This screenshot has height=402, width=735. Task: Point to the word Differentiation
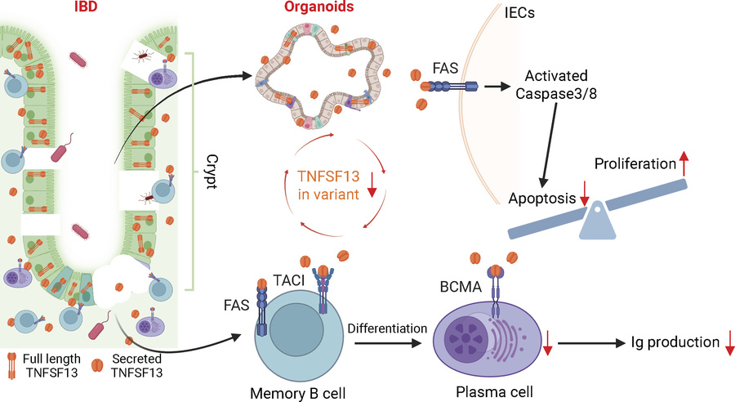pos(387,328)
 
